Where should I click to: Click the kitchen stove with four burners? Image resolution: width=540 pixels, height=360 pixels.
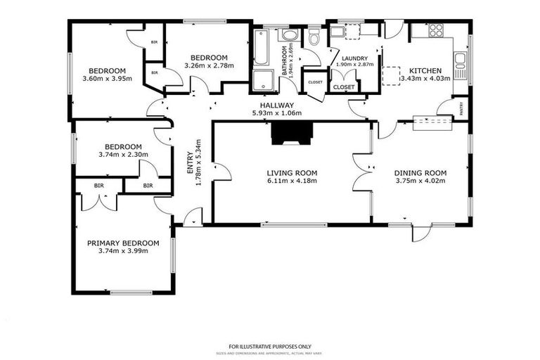[x=436, y=30]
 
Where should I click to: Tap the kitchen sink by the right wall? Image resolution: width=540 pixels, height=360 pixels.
[x=461, y=65]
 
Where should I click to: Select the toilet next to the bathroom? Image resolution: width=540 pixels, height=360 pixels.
[x=314, y=37]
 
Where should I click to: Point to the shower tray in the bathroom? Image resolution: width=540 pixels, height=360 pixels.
[x=263, y=79]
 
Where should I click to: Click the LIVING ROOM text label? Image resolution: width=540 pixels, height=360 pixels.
[x=292, y=172]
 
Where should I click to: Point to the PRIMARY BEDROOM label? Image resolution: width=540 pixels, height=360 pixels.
[x=123, y=243]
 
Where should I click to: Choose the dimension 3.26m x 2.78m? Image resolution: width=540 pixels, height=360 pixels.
[x=209, y=66]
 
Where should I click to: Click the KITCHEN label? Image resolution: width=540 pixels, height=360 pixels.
[x=425, y=70]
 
